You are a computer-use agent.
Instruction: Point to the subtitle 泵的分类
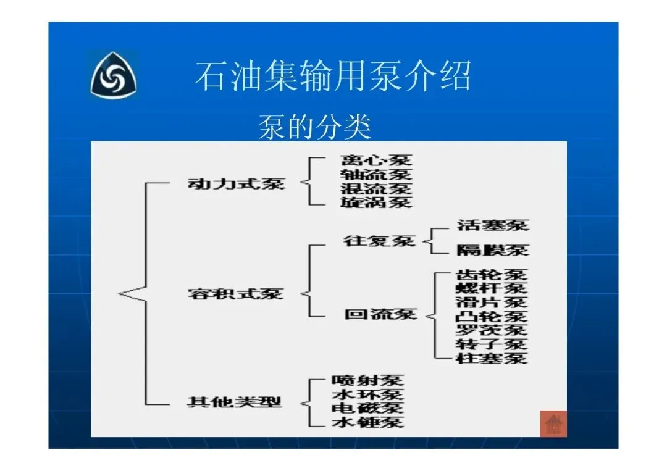coord(314,126)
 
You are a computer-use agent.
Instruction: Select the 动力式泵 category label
coord(236,183)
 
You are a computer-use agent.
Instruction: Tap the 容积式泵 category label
coord(235,293)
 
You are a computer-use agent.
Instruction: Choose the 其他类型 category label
coord(234,402)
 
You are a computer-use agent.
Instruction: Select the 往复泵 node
coord(380,241)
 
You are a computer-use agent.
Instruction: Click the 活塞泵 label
coord(493,224)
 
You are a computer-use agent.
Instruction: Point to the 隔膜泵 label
coord(493,250)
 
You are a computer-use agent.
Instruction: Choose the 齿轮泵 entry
coord(492,275)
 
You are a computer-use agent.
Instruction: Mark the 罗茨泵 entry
coord(492,330)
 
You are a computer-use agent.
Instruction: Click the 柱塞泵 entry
coord(492,358)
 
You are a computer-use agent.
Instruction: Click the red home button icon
coord(553,423)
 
